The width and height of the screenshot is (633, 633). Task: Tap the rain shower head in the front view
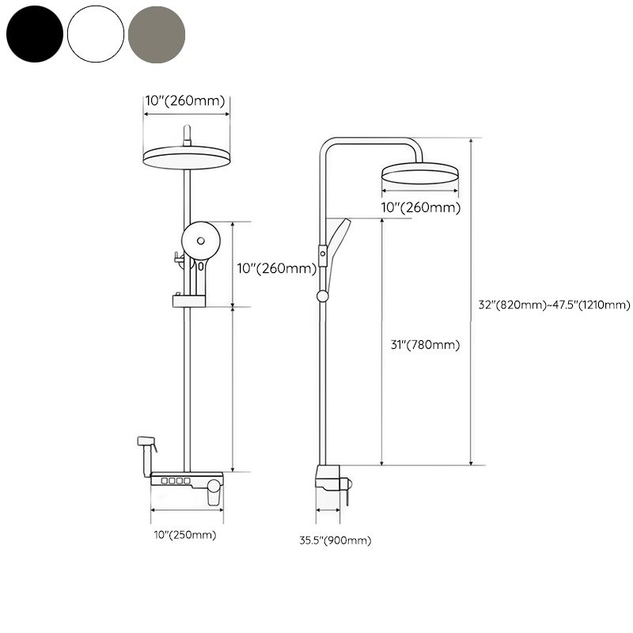187,157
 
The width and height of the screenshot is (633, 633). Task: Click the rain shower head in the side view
419,173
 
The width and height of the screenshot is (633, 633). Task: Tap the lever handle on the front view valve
213,495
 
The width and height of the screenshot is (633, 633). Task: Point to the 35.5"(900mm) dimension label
334,540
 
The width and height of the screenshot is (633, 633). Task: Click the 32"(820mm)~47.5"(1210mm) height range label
554,305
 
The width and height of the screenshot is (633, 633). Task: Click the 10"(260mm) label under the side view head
421,208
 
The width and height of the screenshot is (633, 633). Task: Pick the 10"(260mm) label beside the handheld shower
276,268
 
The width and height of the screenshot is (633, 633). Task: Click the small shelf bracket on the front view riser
188,301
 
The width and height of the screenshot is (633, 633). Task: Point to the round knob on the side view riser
322,296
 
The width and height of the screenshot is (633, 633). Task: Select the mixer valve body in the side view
329,479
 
